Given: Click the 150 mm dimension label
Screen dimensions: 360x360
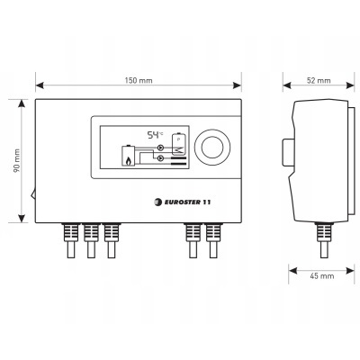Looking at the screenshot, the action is [139, 80].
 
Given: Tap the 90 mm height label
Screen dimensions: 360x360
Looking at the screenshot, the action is [16, 161].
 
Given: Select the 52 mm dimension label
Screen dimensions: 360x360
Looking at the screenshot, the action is [319, 80].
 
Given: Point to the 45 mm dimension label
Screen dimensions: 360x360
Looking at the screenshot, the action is [321, 275].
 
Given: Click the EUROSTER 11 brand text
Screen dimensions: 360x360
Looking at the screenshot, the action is [187, 202].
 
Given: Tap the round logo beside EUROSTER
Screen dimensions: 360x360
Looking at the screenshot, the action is [157, 202].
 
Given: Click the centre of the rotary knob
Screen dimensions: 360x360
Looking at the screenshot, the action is [212, 148].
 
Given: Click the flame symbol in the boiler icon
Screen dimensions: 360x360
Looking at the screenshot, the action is [128, 162].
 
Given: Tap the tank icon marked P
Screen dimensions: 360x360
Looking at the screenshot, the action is [178, 143].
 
